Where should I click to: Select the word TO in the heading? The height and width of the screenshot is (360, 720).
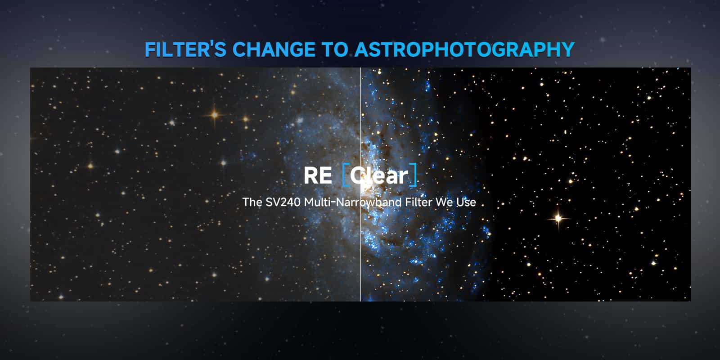pyautogui.click(x=335, y=49)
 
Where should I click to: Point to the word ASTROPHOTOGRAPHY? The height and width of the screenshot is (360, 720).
pyautogui.click(x=464, y=49)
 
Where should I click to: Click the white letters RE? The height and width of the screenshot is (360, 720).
pyautogui.click(x=318, y=175)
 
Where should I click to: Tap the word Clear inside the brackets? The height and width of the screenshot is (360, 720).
pyautogui.click(x=379, y=175)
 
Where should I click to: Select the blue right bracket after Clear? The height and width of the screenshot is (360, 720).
pyautogui.click(x=414, y=175)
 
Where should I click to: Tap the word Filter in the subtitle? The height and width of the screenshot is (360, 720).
pyautogui.click(x=418, y=202)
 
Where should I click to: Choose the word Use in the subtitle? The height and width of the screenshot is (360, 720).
pyautogui.click(x=466, y=202)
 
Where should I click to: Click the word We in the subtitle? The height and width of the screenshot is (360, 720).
pyautogui.click(x=444, y=202)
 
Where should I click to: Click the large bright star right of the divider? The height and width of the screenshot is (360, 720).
pyautogui.click(x=558, y=219)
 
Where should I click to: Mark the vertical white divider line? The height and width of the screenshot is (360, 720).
pyautogui.click(x=360, y=184)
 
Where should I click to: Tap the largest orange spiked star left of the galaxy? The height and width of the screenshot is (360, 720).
pyautogui.click(x=214, y=114)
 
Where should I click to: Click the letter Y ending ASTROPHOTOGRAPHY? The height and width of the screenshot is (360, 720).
pyautogui.click(x=567, y=49)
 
